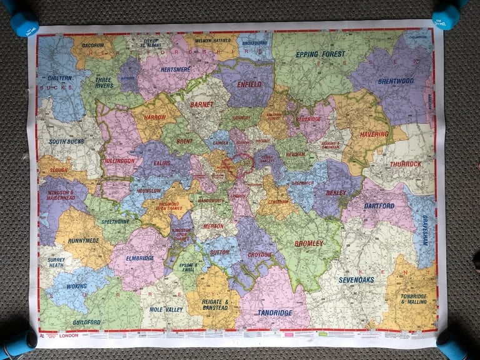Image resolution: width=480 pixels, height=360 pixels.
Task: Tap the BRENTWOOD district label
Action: pos(395,81)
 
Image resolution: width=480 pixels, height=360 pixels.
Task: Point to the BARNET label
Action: pos(201,104)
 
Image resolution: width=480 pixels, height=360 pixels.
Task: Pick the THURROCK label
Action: pos(406,164)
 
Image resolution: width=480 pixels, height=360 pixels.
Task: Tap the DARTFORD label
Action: pos(379,206)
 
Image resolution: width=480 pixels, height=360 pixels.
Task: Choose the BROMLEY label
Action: pos(309,242)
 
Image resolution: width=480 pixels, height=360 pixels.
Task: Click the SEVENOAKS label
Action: pos(356,279)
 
